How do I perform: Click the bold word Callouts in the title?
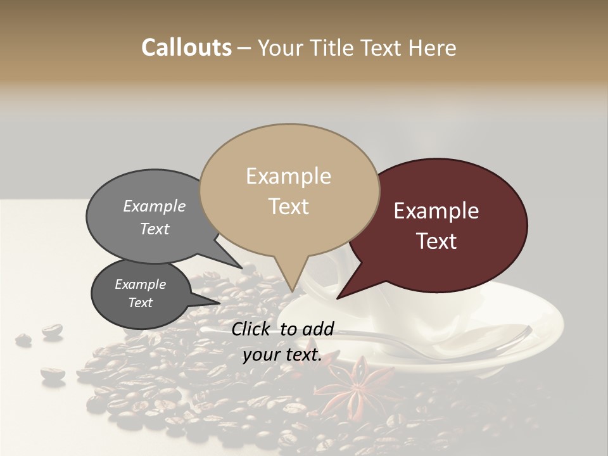[x=186, y=47]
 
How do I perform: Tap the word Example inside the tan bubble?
[x=289, y=176]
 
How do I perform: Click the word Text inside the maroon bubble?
[x=437, y=241]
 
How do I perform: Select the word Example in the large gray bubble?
[x=155, y=206]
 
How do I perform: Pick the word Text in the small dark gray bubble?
[x=141, y=303]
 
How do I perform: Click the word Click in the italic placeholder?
[x=251, y=329]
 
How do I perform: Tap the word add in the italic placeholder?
[x=317, y=329]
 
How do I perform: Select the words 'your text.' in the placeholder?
[x=282, y=355]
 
